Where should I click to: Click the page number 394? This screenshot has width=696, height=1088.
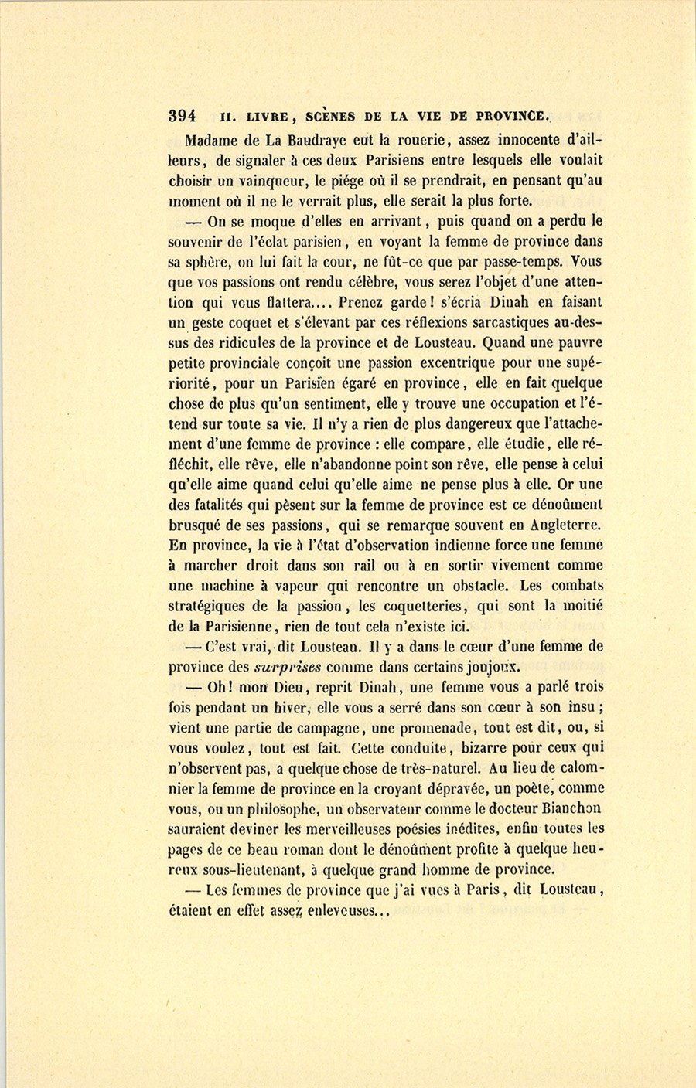[182, 116]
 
